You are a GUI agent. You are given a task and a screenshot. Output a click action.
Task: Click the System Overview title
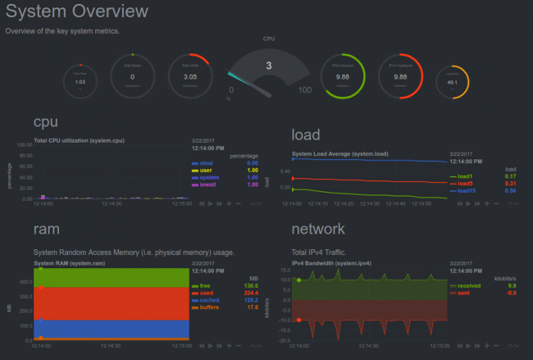tap(77, 11)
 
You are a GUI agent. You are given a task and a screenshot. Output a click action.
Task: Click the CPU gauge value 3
tap(268, 66)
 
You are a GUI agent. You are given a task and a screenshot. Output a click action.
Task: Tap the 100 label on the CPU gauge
tap(306, 89)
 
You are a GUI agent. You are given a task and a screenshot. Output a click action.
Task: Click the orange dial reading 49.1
tap(451, 82)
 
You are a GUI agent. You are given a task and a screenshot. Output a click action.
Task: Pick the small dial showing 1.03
tap(80, 81)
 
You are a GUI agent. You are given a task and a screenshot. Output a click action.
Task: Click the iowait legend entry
tap(206, 185)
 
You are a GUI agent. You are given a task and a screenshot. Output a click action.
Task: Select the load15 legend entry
tap(465, 190)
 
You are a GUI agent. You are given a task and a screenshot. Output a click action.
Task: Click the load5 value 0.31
tap(510, 183)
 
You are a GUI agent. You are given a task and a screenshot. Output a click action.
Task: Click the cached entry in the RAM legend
tap(208, 300)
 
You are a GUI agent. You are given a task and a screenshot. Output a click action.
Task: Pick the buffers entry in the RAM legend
tap(208, 308)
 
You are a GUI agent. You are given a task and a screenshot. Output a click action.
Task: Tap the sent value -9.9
tap(510, 293)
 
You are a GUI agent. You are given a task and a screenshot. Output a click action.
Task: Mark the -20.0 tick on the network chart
tap(285, 339)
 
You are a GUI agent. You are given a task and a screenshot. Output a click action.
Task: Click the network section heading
tap(319, 229)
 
